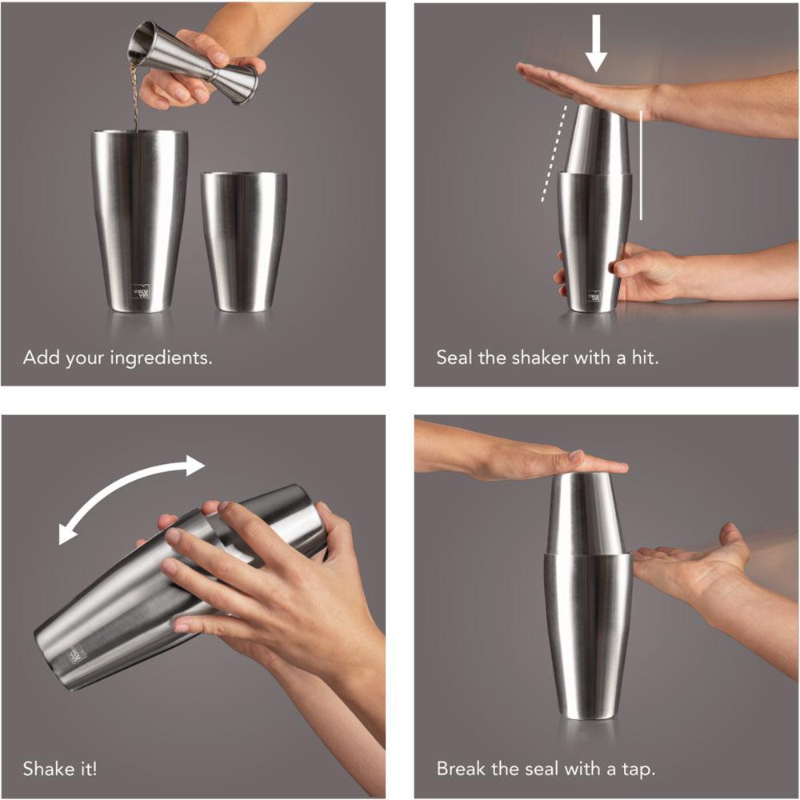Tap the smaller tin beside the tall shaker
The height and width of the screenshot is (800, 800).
(243, 241)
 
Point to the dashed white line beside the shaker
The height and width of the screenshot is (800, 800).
(554, 152)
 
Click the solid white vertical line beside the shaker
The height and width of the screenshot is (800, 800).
(642, 165)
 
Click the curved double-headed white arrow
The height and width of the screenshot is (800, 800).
(132, 496)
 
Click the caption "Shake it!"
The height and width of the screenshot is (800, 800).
(60, 770)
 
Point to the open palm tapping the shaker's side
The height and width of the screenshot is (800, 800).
(688, 564)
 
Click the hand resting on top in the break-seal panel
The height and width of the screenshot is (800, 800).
(544, 460)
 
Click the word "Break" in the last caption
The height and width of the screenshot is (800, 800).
(461, 770)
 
